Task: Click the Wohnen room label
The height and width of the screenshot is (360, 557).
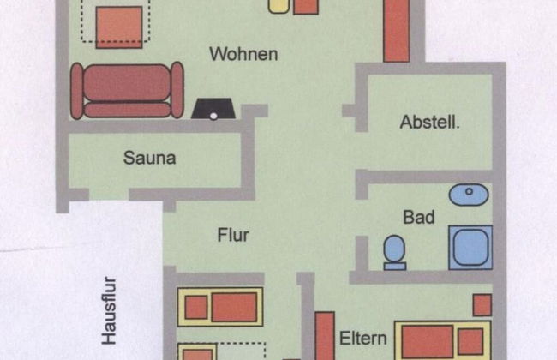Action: [243, 54]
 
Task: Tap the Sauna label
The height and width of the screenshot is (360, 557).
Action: [149, 158]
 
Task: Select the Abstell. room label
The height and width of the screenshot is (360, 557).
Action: [430, 123]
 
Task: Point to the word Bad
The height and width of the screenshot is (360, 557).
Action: [419, 218]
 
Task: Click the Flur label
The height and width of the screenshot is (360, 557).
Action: [232, 234]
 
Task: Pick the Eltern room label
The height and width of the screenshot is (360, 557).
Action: [363, 337]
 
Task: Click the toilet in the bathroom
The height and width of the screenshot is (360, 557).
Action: [394, 251]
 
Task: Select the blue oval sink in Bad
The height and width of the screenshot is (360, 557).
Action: [469, 195]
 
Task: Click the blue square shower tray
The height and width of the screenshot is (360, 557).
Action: [470, 247]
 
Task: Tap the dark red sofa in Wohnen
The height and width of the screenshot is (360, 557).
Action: [127, 90]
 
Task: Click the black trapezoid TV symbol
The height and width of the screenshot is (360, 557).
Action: [212, 110]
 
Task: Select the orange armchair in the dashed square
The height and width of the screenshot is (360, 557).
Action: [118, 27]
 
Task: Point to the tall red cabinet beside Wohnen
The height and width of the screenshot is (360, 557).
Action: [396, 31]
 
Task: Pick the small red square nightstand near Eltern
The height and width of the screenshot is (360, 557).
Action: [482, 305]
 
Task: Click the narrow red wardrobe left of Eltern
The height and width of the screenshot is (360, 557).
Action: [324, 336]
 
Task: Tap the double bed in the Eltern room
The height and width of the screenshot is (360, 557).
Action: [442, 340]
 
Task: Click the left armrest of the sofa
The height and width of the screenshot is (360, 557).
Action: [77, 90]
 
